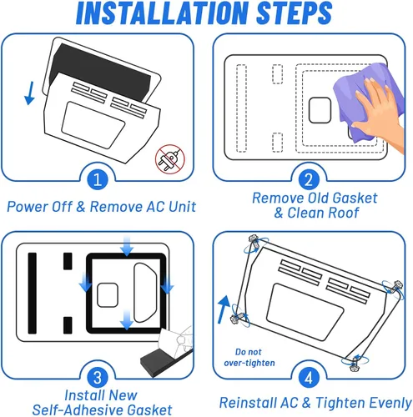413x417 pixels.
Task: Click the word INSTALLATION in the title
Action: coord(162,13)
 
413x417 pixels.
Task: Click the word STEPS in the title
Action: coord(295,13)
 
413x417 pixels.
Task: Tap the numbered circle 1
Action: coord(98,179)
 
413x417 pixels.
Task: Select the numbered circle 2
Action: coord(309,179)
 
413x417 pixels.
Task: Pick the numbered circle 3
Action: coord(98,378)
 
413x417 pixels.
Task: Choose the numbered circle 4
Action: coord(309,378)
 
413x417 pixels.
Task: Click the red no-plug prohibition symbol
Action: coord(170,159)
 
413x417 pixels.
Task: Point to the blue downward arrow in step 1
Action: coord(30,93)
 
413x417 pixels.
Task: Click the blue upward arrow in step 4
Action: coord(224,309)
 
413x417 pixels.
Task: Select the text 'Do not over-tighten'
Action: coord(249,357)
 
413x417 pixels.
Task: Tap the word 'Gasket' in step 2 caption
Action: coord(355,198)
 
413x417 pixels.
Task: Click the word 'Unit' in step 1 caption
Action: coord(183,207)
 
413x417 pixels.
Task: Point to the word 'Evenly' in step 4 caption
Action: coord(389,403)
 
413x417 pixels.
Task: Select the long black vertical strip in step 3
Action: coord(33,293)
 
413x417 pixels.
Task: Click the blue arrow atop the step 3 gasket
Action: coord(127,246)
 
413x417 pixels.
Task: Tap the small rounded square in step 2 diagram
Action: coord(320,110)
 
